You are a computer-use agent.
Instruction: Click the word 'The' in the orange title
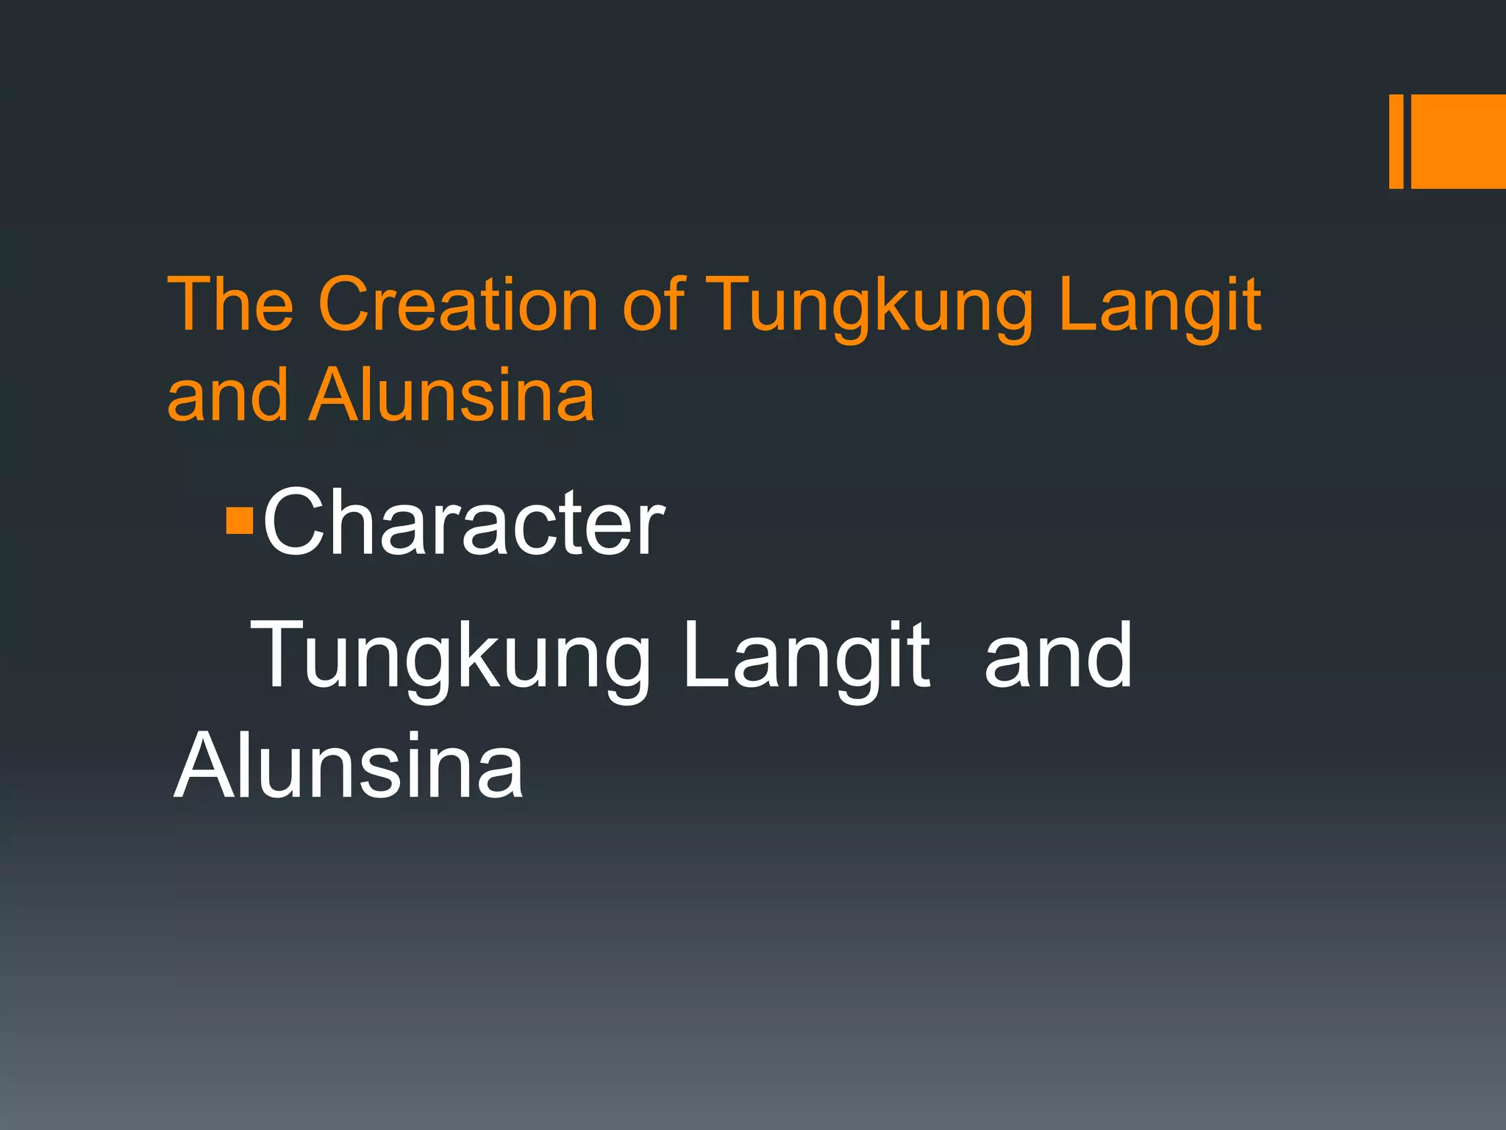[x=231, y=304]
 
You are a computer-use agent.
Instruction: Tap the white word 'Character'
[x=463, y=522]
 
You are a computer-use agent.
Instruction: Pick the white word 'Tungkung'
[x=450, y=656]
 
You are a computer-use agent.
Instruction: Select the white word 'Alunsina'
[x=349, y=766]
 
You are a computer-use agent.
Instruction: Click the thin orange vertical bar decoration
[x=1396, y=141]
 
